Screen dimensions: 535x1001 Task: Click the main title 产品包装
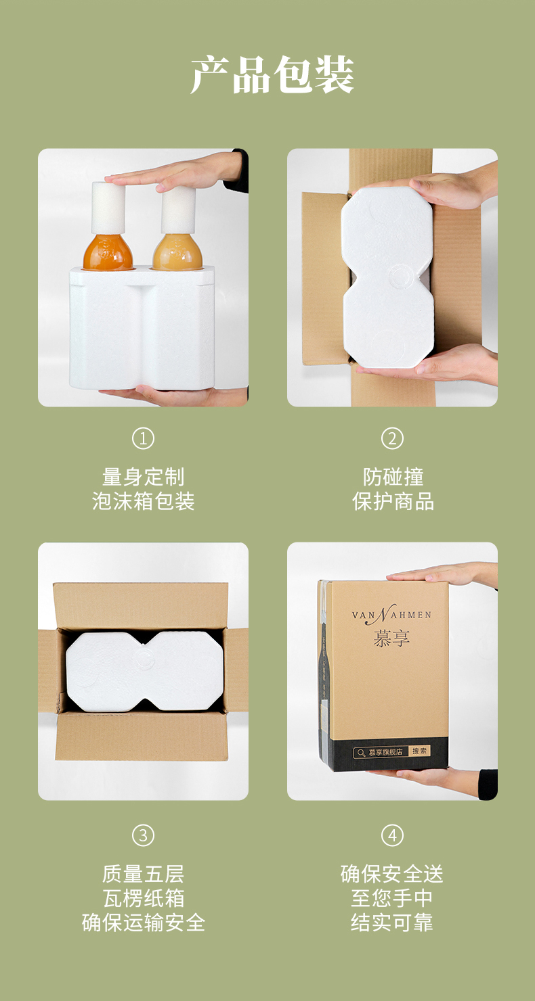click(272, 74)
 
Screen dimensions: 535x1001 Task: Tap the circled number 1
click(143, 438)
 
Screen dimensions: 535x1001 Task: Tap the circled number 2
click(392, 438)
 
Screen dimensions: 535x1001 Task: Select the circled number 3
click(143, 835)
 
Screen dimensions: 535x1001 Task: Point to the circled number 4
click(392, 835)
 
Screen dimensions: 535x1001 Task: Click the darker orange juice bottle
click(108, 252)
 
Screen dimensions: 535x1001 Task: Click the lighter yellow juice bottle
click(177, 252)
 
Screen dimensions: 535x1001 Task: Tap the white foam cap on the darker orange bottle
click(108, 208)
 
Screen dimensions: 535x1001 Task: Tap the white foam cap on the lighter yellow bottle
click(178, 210)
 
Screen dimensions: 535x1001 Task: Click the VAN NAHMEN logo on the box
click(392, 614)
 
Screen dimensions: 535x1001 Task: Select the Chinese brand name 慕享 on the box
click(392, 638)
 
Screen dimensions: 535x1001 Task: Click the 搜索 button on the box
click(420, 751)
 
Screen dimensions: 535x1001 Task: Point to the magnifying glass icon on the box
click(361, 753)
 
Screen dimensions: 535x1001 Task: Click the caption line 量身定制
click(143, 477)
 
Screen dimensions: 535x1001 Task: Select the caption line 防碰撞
click(393, 477)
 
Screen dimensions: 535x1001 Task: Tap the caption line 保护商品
click(393, 501)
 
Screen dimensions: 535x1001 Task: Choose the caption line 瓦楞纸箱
click(144, 898)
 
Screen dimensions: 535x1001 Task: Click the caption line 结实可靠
click(392, 923)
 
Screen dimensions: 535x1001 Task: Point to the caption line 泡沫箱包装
click(143, 501)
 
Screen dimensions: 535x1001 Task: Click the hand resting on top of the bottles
click(179, 172)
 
